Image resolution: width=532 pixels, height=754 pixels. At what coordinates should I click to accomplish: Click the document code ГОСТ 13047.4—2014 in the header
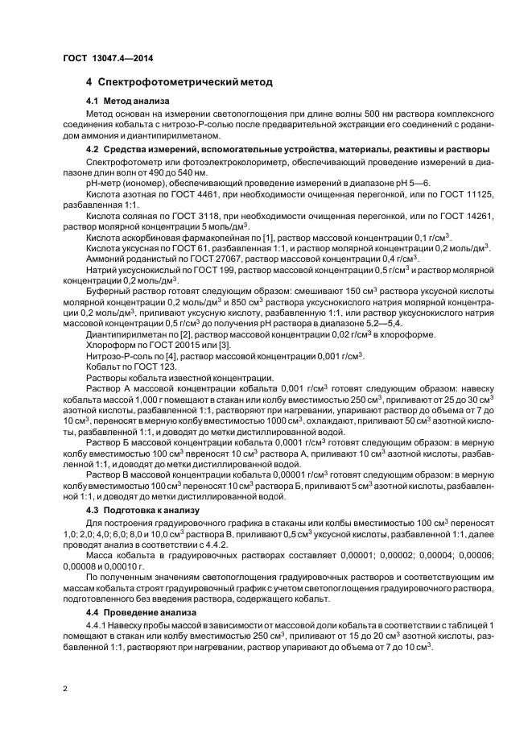point(108,59)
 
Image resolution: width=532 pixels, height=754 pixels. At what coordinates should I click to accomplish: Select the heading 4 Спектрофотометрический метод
point(179,82)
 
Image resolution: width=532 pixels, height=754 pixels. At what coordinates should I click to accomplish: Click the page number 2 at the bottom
point(64,690)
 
